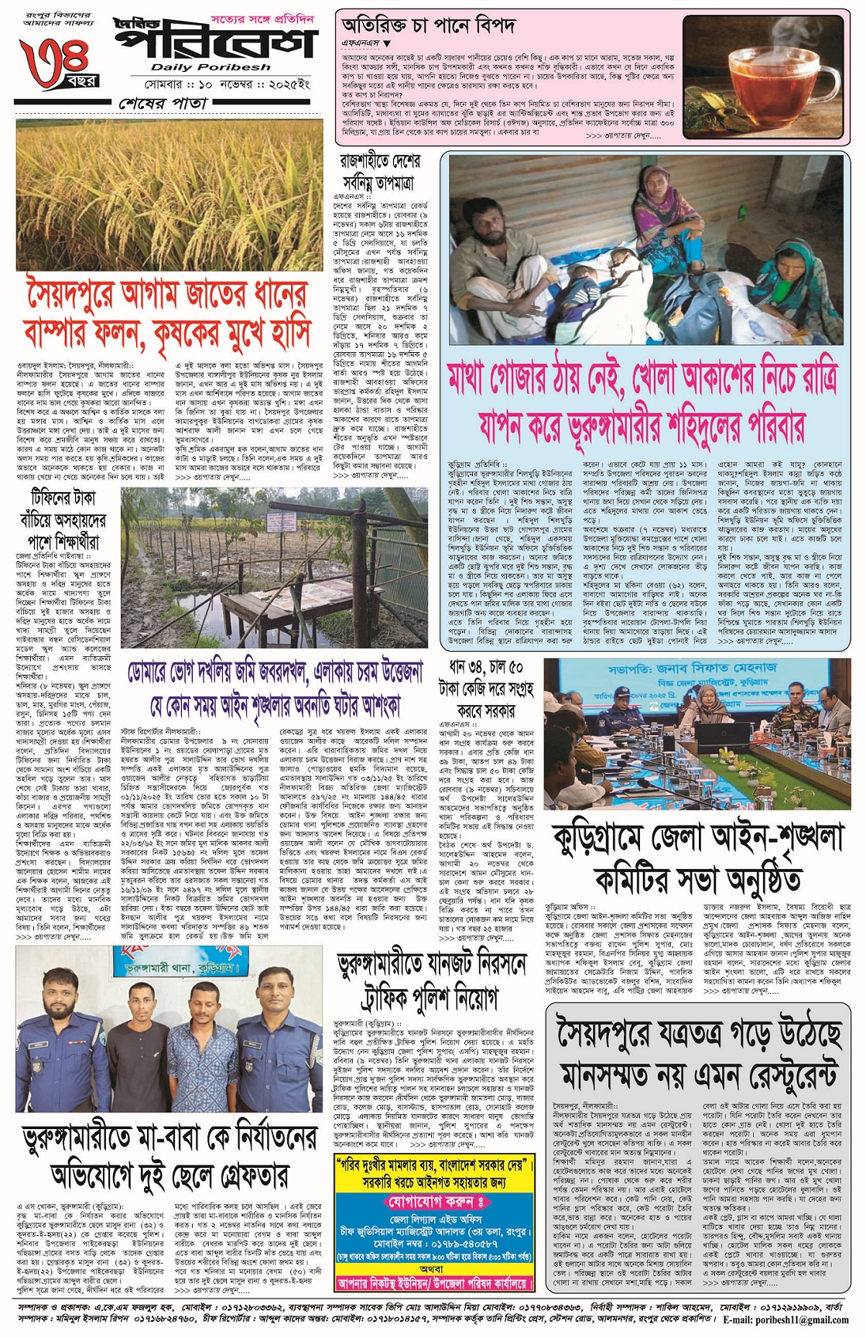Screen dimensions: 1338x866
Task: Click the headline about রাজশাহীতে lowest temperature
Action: tap(378, 172)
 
